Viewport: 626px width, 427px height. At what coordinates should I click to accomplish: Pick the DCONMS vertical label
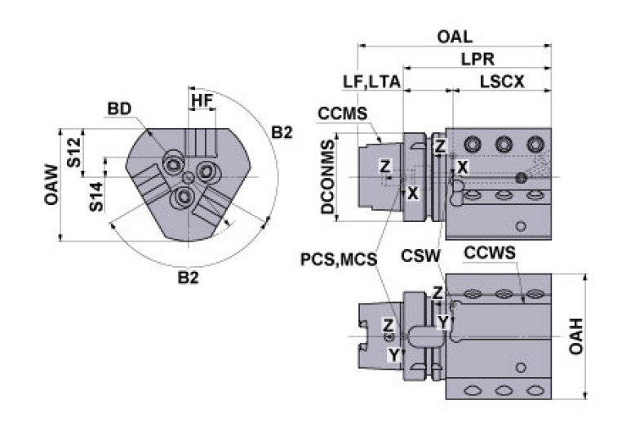click(328, 177)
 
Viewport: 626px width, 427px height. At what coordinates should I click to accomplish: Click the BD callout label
click(118, 109)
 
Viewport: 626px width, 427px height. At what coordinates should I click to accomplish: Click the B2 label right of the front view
click(282, 132)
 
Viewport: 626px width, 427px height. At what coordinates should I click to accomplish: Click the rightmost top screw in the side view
click(535, 144)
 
